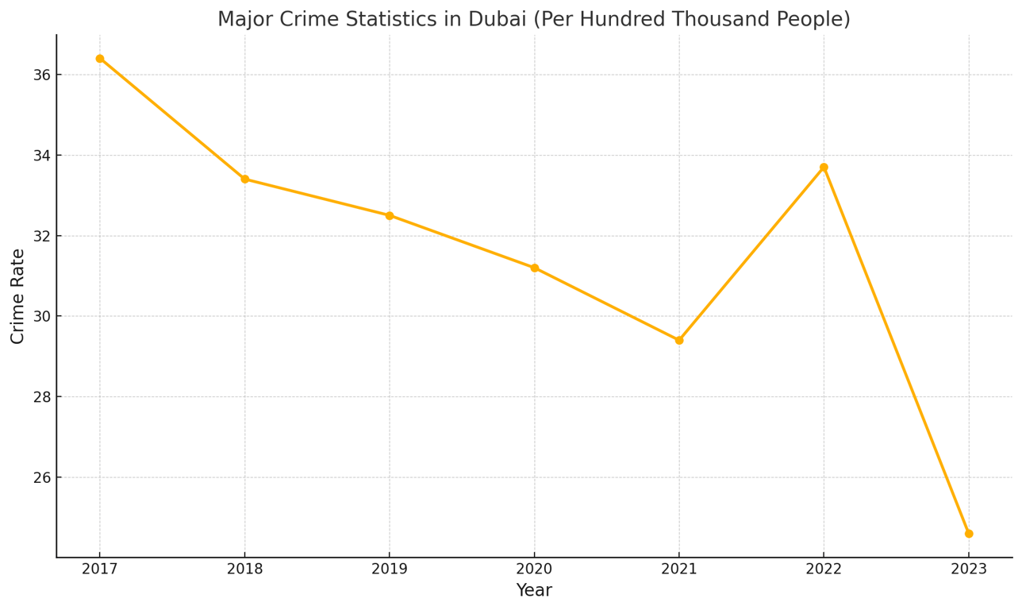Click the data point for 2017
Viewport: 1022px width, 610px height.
[x=100, y=59]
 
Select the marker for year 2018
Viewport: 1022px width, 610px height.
[x=244, y=180]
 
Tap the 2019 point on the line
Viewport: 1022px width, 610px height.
[x=390, y=215]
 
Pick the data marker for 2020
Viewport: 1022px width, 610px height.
[x=534, y=268]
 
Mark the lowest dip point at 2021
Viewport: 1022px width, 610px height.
[x=679, y=340]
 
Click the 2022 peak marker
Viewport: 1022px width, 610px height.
[x=824, y=168]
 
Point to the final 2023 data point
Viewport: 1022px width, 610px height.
[x=969, y=534]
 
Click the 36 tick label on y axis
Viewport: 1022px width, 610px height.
[x=41, y=75]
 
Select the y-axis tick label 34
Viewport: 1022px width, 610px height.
[x=41, y=156]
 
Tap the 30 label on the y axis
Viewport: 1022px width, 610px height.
[x=41, y=316]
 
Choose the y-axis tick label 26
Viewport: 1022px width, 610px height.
[x=41, y=477]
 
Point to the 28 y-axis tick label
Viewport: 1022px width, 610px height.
[x=41, y=397]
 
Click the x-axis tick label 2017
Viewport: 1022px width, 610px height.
[x=100, y=569]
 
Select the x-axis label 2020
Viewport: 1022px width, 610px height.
[x=534, y=569]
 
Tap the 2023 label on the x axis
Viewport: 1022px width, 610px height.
[x=969, y=569]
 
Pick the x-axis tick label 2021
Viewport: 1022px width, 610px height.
[x=679, y=569]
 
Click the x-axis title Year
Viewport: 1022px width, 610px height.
[x=534, y=591]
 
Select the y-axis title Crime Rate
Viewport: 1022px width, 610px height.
[x=17, y=296]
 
